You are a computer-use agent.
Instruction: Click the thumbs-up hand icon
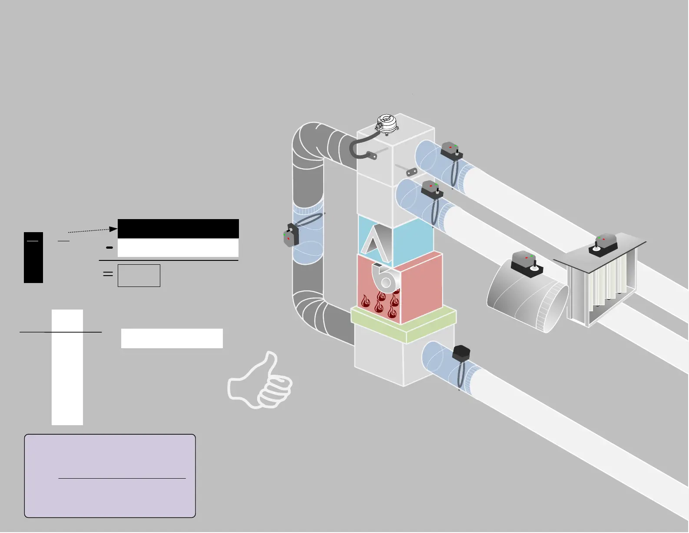(x=259, y=382)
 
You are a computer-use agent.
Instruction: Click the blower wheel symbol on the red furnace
(x=385, y=278)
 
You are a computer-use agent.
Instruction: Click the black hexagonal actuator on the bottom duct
(x=461, y=353)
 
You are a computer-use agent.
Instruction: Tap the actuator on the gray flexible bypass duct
(x=291, y=235)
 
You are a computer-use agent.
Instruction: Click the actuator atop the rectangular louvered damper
(x=604, y=243)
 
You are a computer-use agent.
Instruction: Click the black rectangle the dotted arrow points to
(x=178, y=229)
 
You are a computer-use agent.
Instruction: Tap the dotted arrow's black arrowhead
(x=113, y=229)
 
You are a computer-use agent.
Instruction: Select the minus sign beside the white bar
(x=109, y=247)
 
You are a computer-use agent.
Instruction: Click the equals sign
(x=108, y=274)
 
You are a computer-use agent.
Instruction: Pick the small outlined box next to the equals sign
(x=139, y=276)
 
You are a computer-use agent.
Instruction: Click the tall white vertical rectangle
(x=67, y=367)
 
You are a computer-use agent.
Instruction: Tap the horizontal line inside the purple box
(x=122, y=478)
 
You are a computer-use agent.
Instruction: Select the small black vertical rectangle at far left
(x=33, y=257)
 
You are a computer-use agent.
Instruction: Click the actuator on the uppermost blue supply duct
(x=451, y=151)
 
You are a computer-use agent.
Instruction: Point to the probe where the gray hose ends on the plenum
(x=371, y=155)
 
